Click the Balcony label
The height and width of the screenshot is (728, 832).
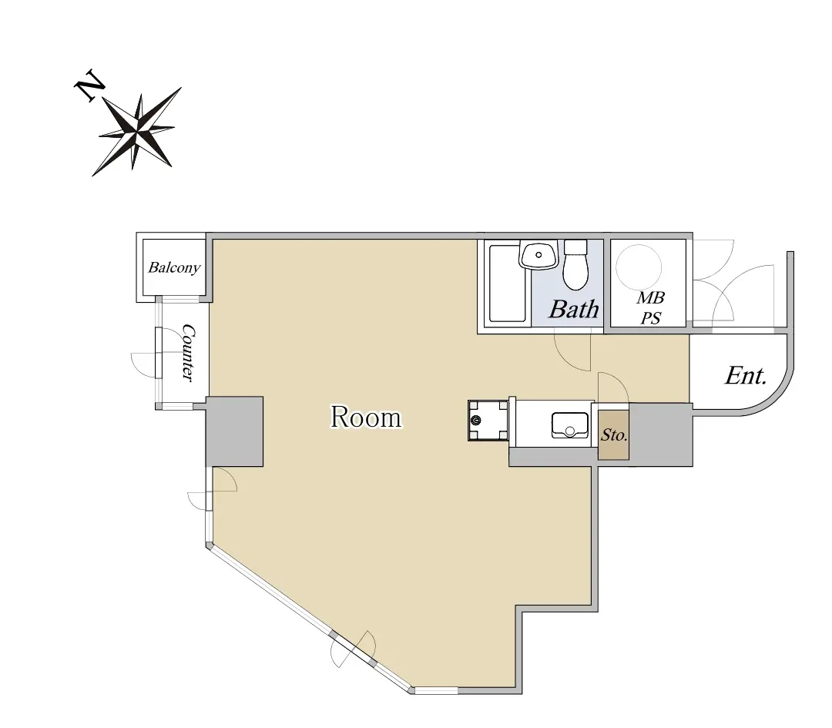[174, 267]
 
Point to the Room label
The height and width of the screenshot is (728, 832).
[366, 417]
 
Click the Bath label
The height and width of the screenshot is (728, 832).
[574, 309]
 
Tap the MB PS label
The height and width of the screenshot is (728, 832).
[650, 307]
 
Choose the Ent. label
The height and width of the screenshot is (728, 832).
[746, 376]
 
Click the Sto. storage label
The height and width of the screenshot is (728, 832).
[614, 435]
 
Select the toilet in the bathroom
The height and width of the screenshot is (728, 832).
[575, 264]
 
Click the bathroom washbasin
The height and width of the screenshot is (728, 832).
[538, 255]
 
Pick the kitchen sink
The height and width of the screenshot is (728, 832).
[570, 425]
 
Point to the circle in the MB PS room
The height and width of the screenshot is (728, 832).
[639, 267]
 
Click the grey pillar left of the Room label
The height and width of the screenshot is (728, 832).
[234, 431]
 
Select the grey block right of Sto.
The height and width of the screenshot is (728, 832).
[661, 434]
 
